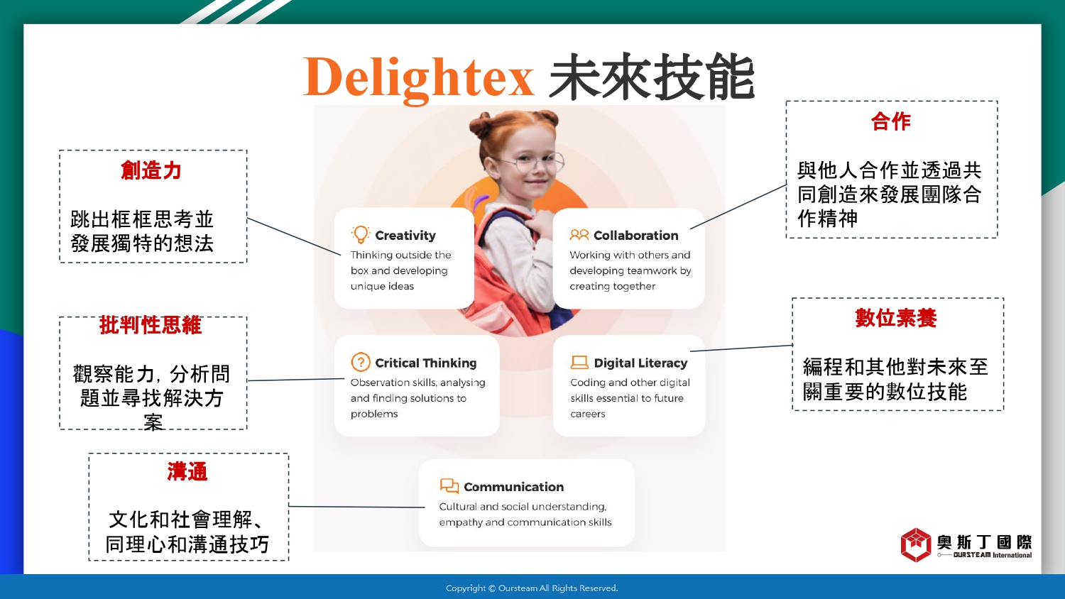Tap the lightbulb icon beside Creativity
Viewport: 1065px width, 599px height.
(361, 235)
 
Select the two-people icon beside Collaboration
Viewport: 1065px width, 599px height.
(579, 235)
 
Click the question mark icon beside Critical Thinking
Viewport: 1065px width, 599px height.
(361, 362)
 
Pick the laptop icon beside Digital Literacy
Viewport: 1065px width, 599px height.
(579, 363)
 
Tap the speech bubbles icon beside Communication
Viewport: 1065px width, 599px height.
(449, 486)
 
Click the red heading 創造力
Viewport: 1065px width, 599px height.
(151, 170)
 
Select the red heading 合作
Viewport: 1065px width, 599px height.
(891, 121)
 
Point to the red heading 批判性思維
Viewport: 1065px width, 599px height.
(151, 326)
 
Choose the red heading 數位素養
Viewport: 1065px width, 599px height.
(896, 318)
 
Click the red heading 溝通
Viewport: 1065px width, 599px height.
(187, 472)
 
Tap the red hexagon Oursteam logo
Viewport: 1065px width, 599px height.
(916, 545)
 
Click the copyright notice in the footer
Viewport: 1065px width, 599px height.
(532, 588)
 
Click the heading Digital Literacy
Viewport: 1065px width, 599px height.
(640, 363)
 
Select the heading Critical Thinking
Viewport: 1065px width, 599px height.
(425, 363)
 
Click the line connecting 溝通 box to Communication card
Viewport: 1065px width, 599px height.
(356, 507)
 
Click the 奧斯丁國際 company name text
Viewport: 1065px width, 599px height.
(984, 542)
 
